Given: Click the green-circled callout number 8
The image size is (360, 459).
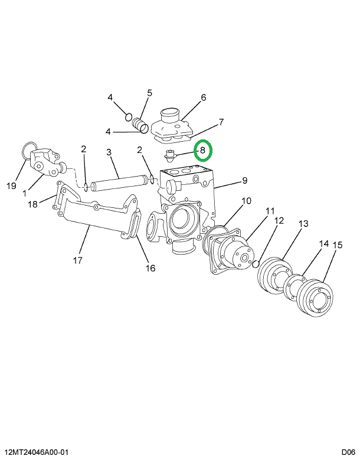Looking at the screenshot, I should tap(202, 151).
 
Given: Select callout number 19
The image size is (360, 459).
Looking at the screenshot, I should tap(11, 186).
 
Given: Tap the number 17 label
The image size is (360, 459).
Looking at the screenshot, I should tap(78, 259).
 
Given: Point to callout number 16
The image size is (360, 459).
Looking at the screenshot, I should tap(150, 268).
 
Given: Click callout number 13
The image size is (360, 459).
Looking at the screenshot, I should tap(303, 224).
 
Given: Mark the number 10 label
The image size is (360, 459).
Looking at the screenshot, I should tap(246, 201).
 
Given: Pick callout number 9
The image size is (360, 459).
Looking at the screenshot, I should tap(244, 180).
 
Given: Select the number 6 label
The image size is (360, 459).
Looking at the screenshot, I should tap(203, 98).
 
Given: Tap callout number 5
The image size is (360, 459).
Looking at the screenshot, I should tap(149, 93).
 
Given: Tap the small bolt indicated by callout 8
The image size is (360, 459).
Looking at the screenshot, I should tap(171, 156).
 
